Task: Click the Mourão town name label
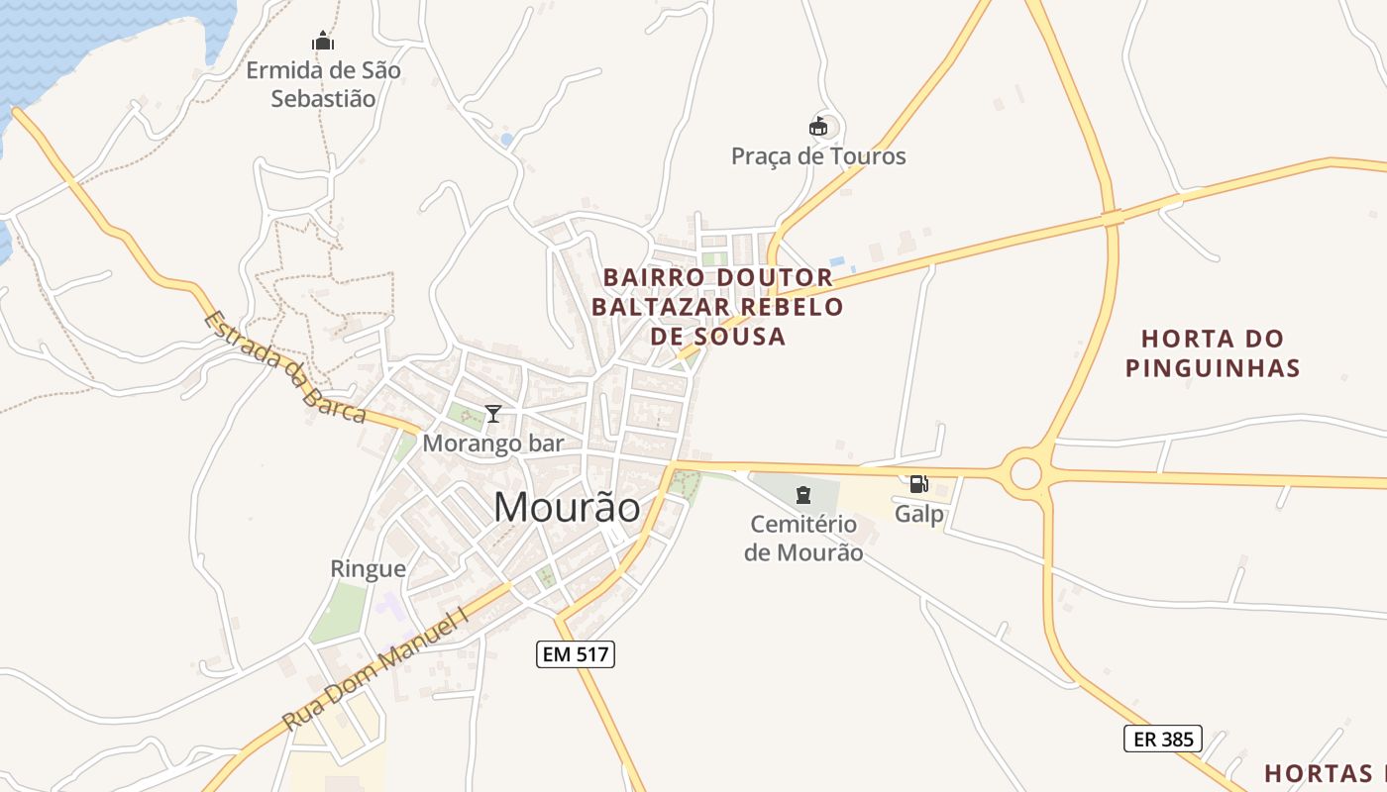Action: click(x=567, y=508)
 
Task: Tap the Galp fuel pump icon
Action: click(x=918, y=484)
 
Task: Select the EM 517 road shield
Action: click(x=576, y=653)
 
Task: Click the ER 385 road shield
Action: click(x=1162, y=738)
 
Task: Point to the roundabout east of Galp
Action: click(x=1026, y=474)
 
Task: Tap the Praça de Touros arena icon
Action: click(x=817, y=127)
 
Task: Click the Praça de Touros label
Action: click(x=818, y=156)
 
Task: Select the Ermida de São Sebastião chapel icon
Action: click(x=323, y=42)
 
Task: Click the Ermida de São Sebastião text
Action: click(x=323, y=84)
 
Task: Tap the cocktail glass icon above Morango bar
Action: click(x=492, y=414)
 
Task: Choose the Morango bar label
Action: click(x=492, y=444)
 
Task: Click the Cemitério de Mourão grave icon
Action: click(x=803, y=494)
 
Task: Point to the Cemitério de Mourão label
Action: click(x=803, y=538)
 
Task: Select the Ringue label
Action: click(x=368, y=569)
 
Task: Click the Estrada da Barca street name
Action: click(x=284, y=367)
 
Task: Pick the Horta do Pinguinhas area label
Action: click(x=1213, y=353)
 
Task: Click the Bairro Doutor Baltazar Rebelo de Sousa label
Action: click(x=718, y=306)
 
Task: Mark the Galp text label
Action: click(x=918, y=515)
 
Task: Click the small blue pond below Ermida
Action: click(x=507, y=140)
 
